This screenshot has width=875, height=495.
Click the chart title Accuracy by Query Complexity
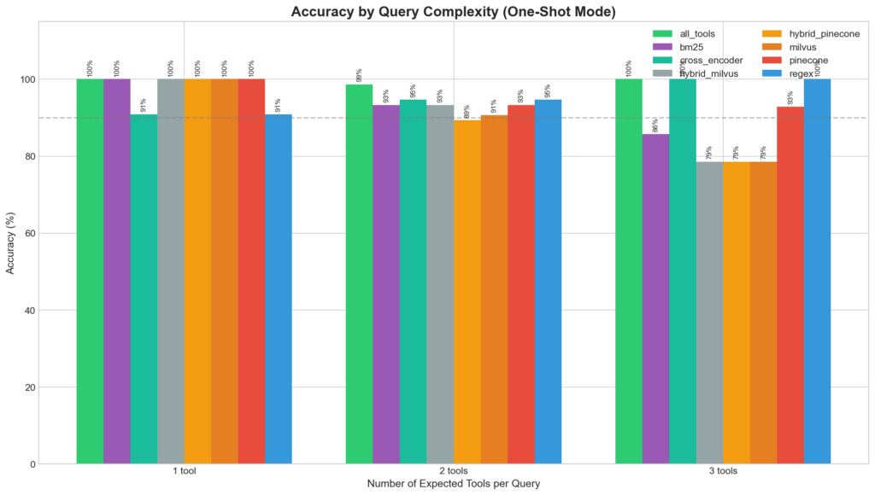click(454, 12)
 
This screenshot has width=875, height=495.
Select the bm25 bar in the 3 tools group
click(655, 299)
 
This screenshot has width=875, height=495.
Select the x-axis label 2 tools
click(454, 471)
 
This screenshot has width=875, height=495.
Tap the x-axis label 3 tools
click(723, 471)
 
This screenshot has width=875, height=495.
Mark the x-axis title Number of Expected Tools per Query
click(454, 484)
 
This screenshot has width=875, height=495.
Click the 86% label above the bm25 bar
click(655, 125)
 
